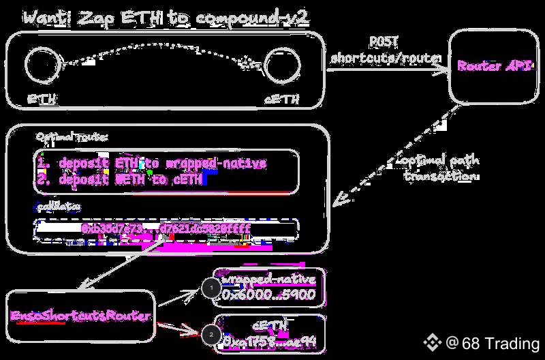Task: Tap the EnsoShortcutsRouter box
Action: click(81, 316)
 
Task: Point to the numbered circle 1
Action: click(211, 289)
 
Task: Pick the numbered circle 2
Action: click(211, 335)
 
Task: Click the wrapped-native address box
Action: click(268, 288)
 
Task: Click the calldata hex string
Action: click(166, 228)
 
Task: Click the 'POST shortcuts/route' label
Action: click(385, 51)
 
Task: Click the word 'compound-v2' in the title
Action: click(258, 18)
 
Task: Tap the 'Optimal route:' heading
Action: click(71, 137)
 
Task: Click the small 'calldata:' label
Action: click(59, 205)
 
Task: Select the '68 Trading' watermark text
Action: click(501, 343)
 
